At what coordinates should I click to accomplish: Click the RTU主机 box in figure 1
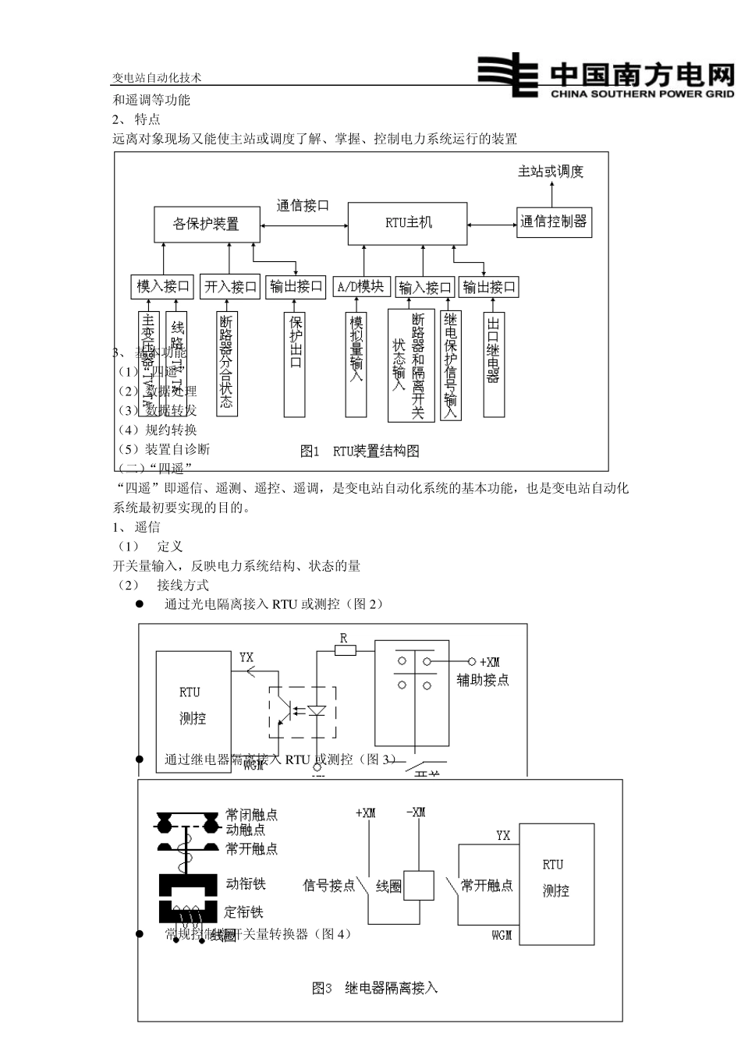[x=408, y=223]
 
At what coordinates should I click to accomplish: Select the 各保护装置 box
[x=206, y=224]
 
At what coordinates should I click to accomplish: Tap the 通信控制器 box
[x=553, y=221]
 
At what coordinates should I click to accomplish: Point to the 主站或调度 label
[x=551, y=172]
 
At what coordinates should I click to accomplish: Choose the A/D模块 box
[x=360, y=287]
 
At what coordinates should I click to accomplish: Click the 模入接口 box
[x=163, y=287]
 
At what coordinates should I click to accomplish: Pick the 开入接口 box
[x=230, y=287]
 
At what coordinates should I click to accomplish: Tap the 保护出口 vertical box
[x=296, y=363]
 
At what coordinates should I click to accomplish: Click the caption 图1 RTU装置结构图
[x=360, y=451]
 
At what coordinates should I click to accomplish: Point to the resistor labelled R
[x=344, y=649]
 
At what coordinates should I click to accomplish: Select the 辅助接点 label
[x=483, y=680]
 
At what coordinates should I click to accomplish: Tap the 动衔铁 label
[x=246, y=883]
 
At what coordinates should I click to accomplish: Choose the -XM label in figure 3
[x=416, y=813]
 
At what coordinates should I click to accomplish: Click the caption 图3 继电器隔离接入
[x=375, y=988]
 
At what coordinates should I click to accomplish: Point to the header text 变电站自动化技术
[x=157, y=78]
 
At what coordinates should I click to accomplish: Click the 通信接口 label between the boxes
[x=303, y=206]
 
